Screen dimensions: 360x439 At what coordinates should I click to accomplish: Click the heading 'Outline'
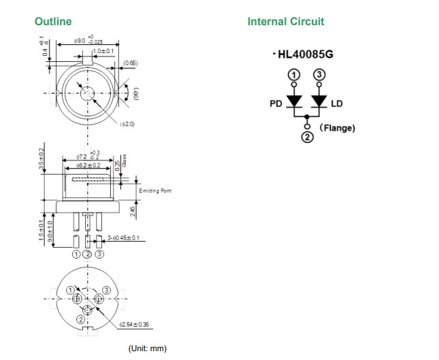click(53, 21)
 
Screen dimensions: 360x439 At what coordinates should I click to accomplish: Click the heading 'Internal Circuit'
click(286, 21)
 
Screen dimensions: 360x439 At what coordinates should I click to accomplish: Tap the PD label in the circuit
click(276, 104)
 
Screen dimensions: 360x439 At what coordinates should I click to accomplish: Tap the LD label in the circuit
click(337, 104)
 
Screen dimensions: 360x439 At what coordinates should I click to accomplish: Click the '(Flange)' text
click(337, 127)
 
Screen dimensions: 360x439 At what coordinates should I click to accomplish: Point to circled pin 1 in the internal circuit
click(293, 73)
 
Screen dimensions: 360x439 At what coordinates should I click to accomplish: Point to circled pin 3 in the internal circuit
click(319, 73)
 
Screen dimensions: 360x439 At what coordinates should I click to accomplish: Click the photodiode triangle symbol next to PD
click(294, 101)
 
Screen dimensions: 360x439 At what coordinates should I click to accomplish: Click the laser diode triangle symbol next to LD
click(319, 101)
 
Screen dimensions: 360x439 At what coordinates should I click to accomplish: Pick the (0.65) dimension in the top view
click(130, 63)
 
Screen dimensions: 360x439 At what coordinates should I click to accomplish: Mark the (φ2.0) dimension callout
click(127, 125)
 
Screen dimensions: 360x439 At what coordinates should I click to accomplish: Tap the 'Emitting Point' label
click(155, 191)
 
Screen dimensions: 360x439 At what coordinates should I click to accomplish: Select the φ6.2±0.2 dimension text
click(88, 165)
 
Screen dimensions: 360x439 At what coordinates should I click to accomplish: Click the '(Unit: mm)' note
click(147, 348)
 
